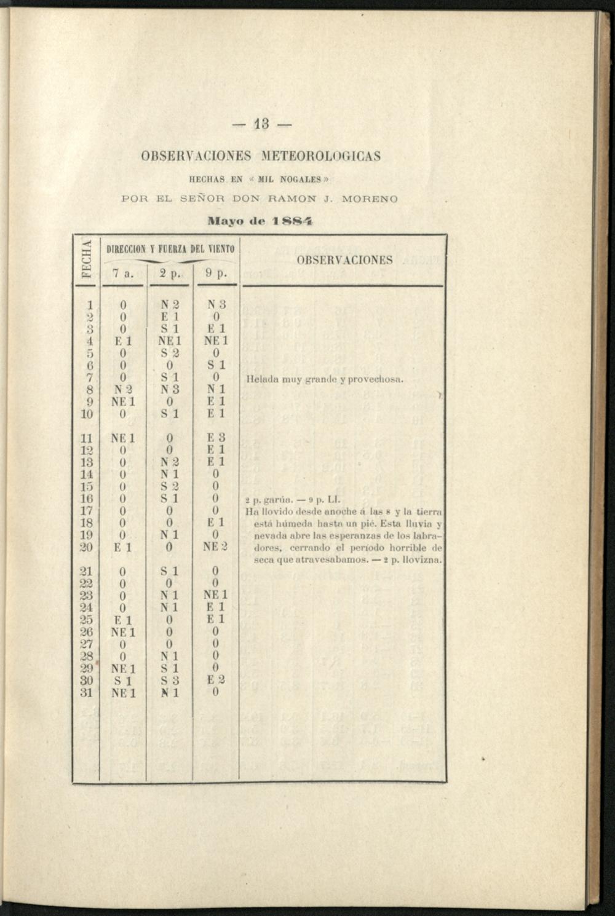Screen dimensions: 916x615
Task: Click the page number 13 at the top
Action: [263, 127]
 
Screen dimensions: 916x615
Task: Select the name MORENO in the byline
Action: [370, 199]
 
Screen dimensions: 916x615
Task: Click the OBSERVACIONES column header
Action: [344, 260]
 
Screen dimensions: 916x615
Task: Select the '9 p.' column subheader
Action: [216, 274]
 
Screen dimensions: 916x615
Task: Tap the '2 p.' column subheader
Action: [169, 274]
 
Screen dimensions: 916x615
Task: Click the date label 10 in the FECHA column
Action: [87, 414]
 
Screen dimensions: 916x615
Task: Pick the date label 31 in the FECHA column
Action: [87, 693]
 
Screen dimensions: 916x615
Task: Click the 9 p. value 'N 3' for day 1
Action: [216, 304]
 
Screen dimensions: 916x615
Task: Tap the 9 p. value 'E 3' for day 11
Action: [216, 438]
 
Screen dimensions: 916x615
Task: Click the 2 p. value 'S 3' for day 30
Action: [170, 681]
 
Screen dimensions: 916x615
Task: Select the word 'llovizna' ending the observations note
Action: [423, 560]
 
